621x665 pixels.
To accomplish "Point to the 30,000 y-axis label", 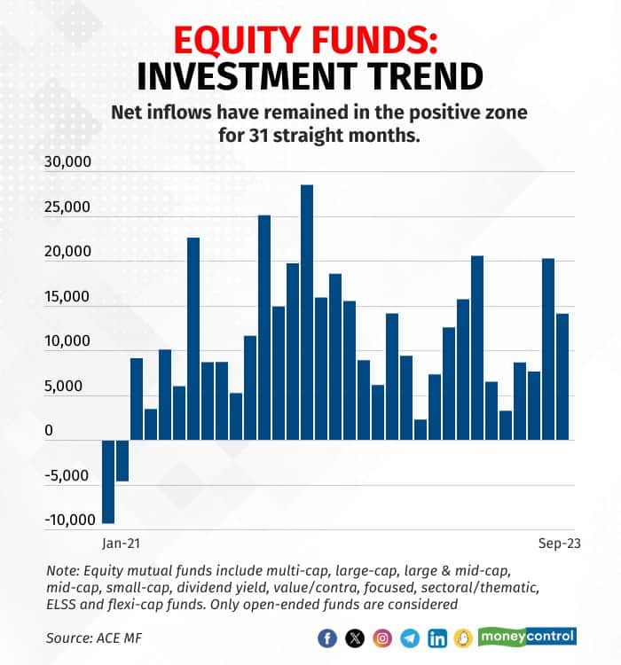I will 67,162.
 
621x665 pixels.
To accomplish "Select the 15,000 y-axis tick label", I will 67,297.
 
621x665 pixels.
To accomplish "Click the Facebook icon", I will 328,638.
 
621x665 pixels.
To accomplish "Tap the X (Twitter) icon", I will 356,638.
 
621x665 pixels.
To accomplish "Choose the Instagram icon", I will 382,638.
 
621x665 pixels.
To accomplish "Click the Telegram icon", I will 410,638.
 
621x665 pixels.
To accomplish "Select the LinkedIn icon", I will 437,638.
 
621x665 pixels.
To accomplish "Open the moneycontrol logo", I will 527,636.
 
